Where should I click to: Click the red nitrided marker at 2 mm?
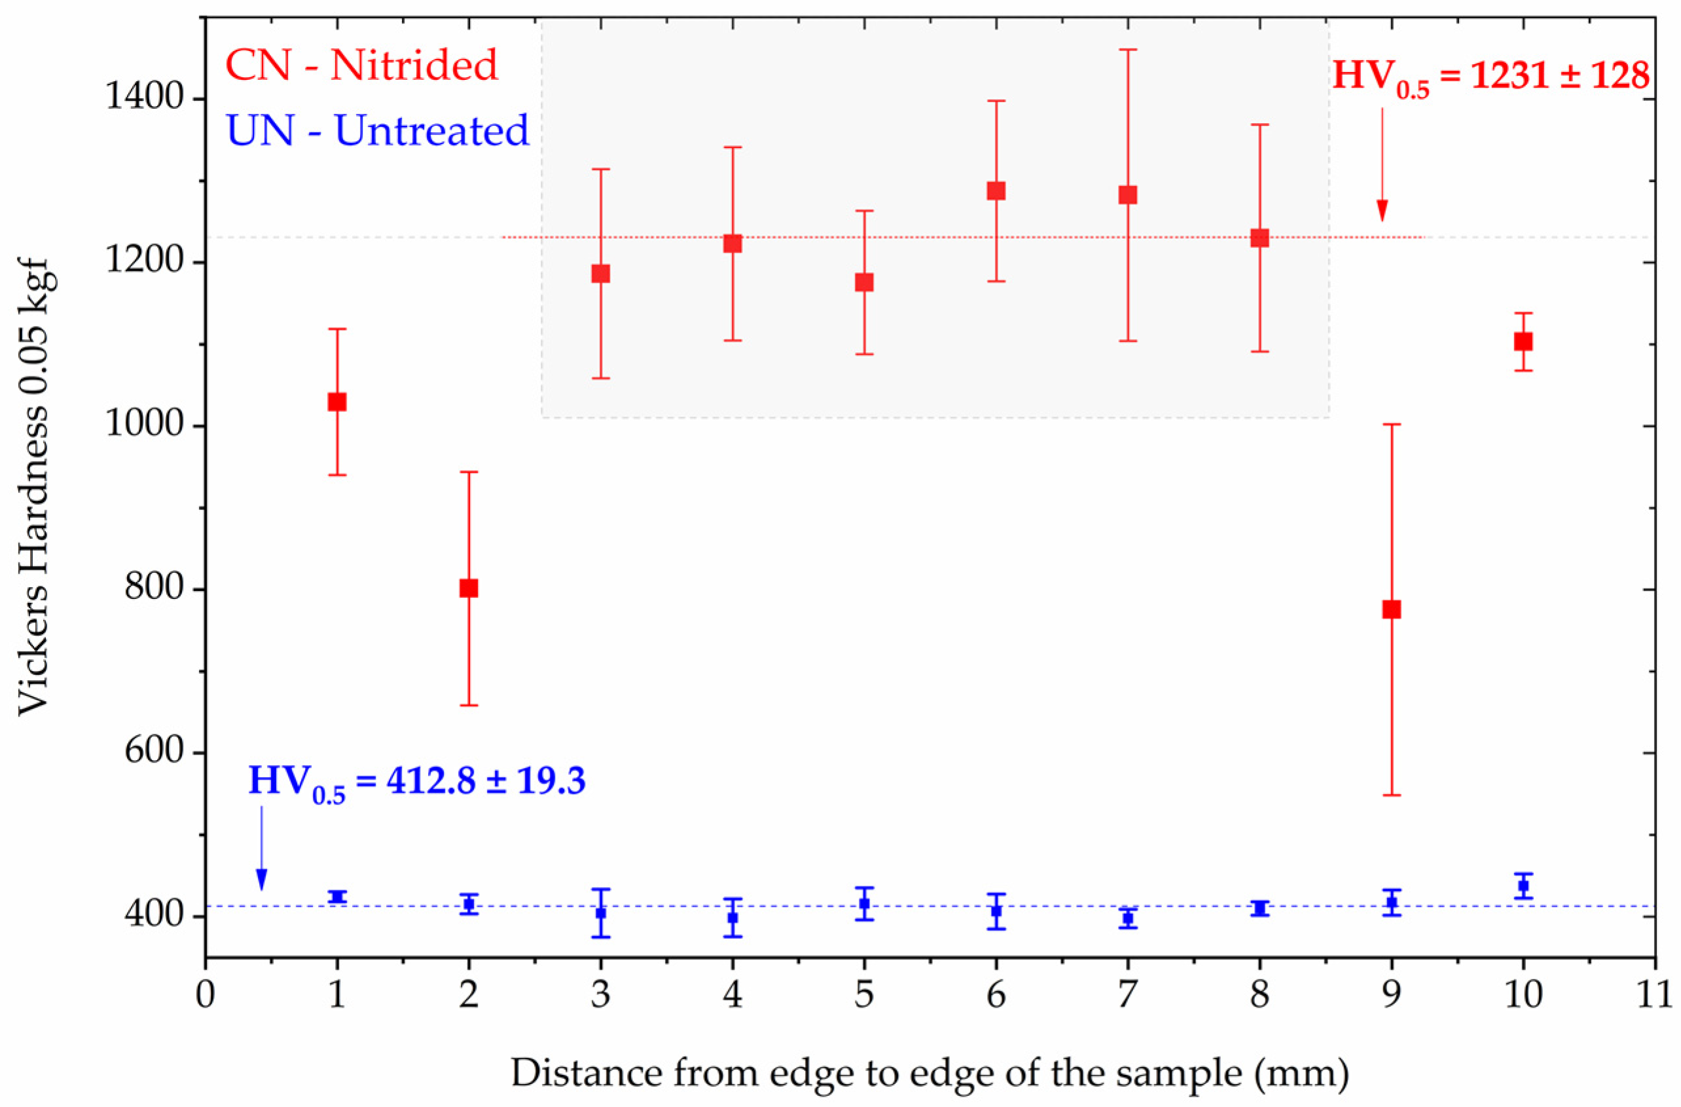point(468,588)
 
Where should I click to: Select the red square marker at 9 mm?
point(1392,609)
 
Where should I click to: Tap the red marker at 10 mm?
point(1523,341)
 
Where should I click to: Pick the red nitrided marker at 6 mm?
point(996,191)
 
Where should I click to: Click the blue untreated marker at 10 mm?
point(1523,885)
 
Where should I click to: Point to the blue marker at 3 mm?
point(600,913)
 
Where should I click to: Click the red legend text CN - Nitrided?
point(361,65)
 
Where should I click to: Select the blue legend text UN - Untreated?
point(377,131)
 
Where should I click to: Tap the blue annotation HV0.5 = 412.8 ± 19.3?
point(417,782)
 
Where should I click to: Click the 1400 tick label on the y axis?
point(145,98)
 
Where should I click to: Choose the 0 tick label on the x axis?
point(206,994)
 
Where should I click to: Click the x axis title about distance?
point(930,1072)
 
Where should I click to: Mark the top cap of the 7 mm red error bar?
point(1128,50)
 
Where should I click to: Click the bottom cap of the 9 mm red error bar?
point(1392,795)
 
